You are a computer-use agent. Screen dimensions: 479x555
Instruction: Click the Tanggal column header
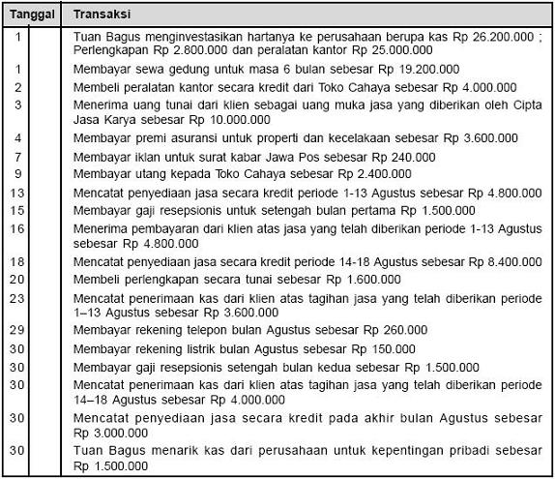tap(32, 17)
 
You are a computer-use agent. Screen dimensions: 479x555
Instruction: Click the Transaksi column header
tap(103, 17)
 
